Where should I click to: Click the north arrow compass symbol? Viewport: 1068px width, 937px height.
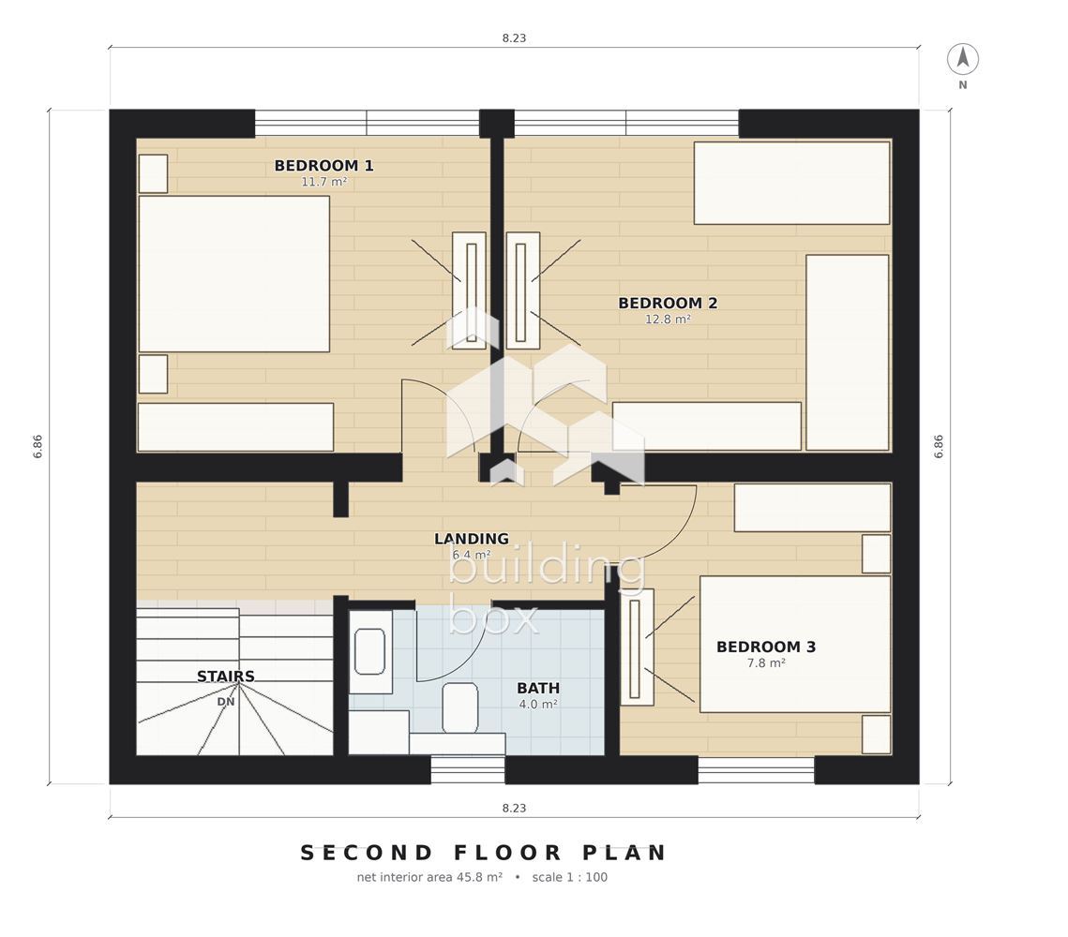click(x=962, y=59)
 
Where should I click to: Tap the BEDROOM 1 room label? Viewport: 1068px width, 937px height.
click(x=323, y=165)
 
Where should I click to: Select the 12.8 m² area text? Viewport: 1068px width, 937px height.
click(x=668, y=320)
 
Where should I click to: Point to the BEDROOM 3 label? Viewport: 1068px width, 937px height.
click(x=765, y=647)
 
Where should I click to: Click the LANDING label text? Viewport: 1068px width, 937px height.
click(x=472, y=539)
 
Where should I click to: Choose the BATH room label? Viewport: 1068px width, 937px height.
click(x=538, y=688)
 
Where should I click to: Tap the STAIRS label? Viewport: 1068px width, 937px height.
click(x=225, y=677)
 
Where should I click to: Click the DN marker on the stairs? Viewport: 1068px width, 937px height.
click(x=225, y=702)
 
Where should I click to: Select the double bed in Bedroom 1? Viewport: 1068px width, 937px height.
click(x=233, y=274)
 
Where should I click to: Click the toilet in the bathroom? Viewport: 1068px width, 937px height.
click(x=459, y=708)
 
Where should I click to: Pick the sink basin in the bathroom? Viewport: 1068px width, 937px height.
click(x=369, y=651)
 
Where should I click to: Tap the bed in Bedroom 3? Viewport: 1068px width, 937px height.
click(x=795, y=644)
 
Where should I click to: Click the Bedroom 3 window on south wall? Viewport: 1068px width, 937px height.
click(x=756, y=769)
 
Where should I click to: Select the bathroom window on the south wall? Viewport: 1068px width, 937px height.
click(x=468, y=769)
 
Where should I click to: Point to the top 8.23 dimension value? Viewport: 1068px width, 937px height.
click(x=514, y=38)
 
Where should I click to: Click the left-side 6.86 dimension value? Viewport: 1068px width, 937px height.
click(x=38, y=446)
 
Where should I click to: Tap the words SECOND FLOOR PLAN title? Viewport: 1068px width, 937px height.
click(x=484, y=853)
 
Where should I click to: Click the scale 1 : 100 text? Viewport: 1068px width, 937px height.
click(x=569, y=877)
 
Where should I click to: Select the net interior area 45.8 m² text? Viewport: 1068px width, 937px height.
click(x=429, y=877)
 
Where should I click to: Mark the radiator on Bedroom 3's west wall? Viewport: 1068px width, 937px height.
click(x=637, y=647)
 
